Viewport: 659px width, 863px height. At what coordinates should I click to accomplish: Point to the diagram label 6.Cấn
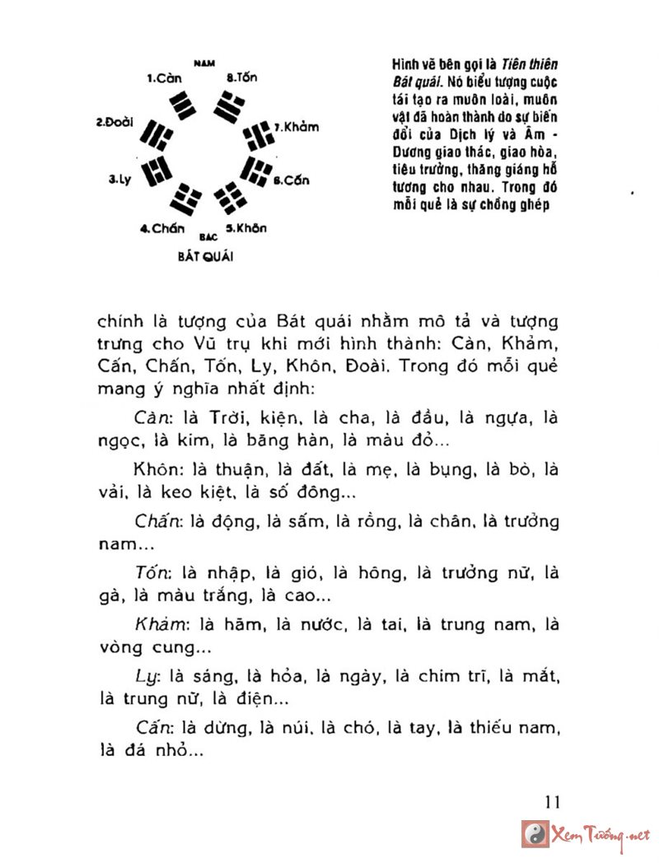pyautogui.click(x=292, y=180)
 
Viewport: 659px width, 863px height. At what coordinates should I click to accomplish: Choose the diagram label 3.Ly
pyautogui.click(x=121, y=178)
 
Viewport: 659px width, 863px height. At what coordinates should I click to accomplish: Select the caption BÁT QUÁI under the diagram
pyautogui.click(x=205, y=256)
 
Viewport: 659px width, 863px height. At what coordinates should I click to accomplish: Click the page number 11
pyautogui.click(x=552, y=802)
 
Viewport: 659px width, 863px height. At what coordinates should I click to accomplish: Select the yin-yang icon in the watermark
pyautogui.click(x=536, y=833)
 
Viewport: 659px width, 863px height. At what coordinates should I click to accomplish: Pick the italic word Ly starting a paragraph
pyautogui.click(x=146, y=677)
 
